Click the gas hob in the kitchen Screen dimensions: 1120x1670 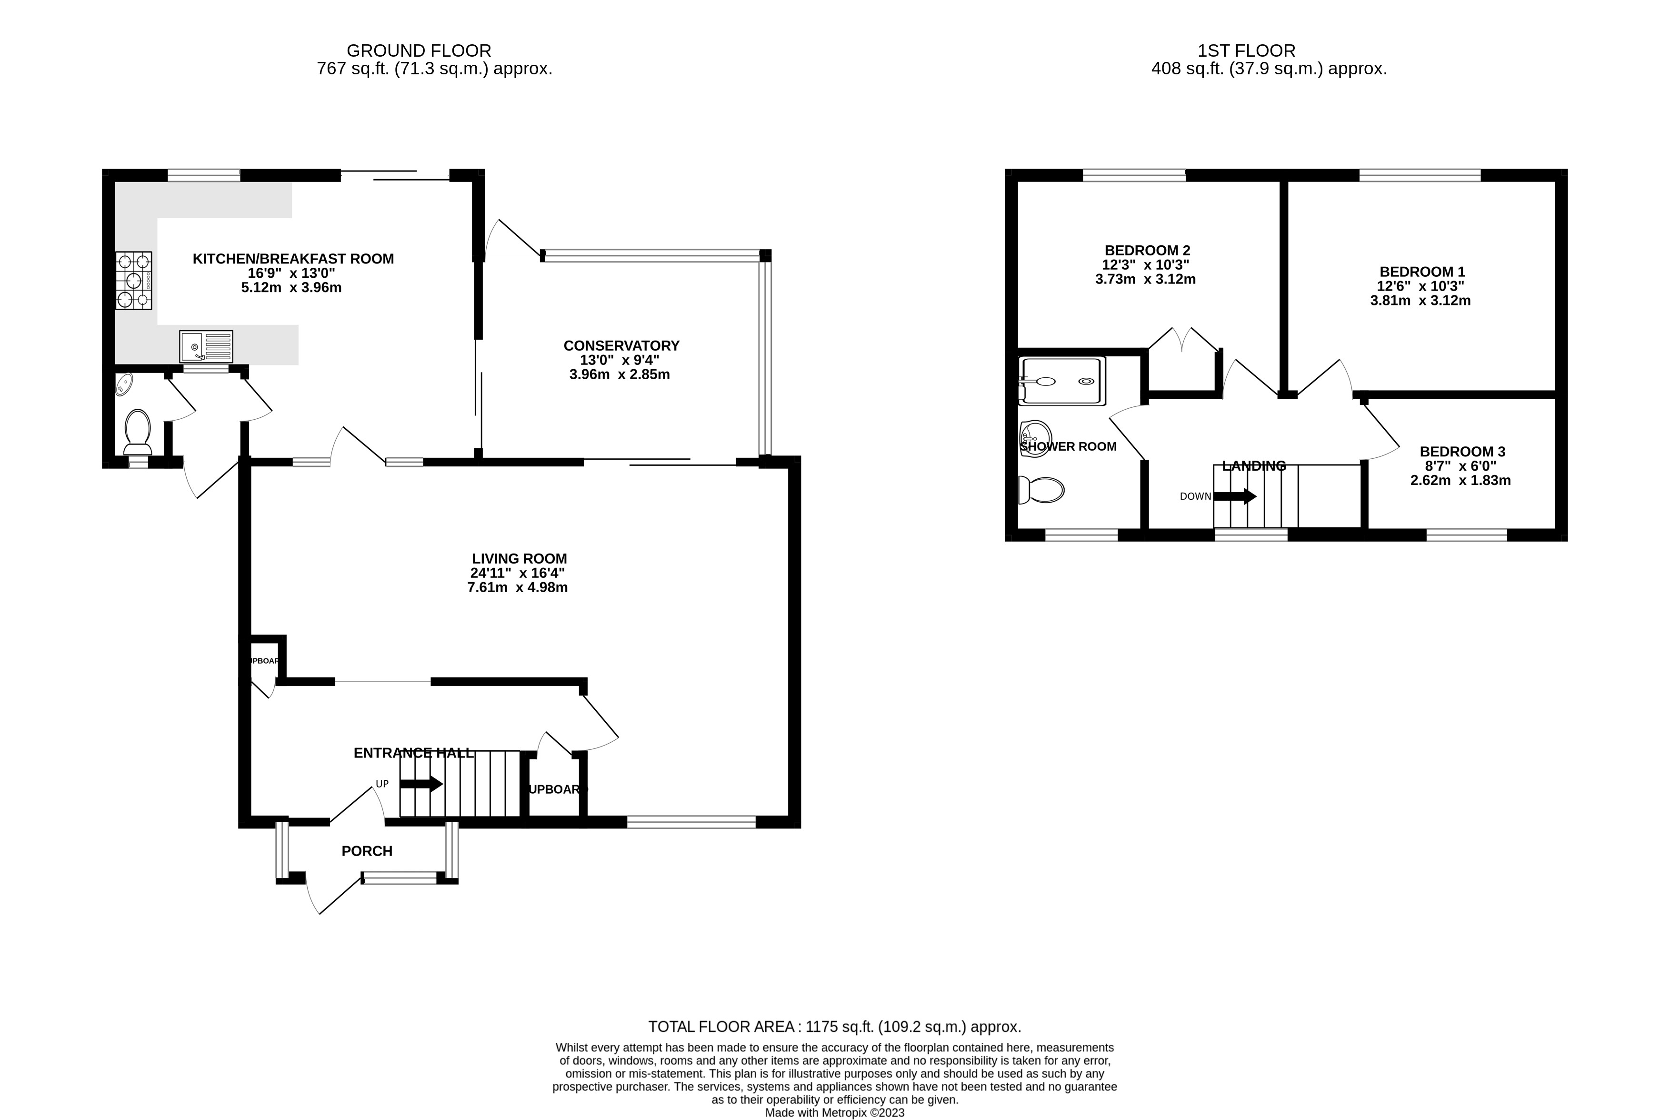[133, 281]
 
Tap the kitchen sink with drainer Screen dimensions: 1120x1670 [206, 346]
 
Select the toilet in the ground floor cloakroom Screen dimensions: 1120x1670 [137, 432]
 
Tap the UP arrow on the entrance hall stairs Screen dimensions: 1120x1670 [421, 784]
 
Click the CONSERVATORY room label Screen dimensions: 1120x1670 [621, 346]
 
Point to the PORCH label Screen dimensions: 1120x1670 [367, 851]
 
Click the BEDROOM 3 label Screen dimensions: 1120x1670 [1462, 452]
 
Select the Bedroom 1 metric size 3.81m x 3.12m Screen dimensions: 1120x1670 [1420, 301]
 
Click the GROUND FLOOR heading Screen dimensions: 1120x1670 [419, 50]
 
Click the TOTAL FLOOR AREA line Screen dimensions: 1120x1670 [834, 1027]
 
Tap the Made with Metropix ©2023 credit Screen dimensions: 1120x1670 [834, 1113]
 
